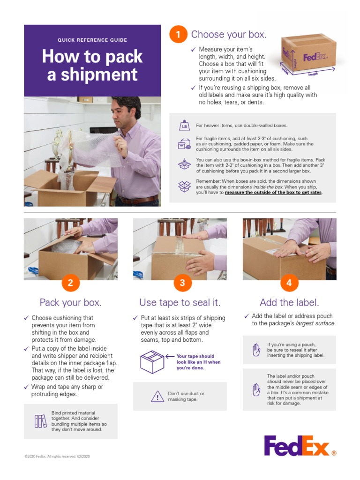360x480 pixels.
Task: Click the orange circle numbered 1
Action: (x=178, y=35)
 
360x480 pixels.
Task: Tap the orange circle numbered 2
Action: (x=70, y=283)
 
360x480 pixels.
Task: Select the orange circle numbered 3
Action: (x=182, y=283)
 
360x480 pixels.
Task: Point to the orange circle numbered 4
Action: (x=289, y=283)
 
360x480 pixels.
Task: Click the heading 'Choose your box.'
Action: (x=229, y=35)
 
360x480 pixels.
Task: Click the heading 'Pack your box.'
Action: (x=70, y=302)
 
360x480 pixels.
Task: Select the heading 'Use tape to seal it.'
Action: (x=180, y=302)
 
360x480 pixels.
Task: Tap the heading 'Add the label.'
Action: (x=289, y=302)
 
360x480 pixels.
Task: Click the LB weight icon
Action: (x=184, y=126)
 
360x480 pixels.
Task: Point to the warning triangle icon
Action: (x=157, y=397)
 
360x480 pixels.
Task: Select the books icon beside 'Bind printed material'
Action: (x=41, y=421)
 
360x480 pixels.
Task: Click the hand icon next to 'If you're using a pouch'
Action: (x=256, y=350)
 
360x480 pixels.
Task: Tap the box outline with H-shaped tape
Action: (x=152, y=362)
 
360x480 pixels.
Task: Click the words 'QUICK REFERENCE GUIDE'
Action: (x=92, y=40)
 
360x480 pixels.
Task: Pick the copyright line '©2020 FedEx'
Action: (x=57, y=456)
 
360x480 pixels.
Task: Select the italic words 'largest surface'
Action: (x=316, y=323)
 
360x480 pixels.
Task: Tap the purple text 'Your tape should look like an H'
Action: (x=198, y=362)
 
